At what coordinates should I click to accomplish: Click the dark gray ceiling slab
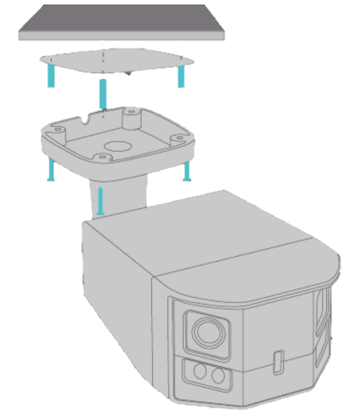(x=122, y=23)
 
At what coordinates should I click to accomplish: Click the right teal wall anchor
(x=181, y=77)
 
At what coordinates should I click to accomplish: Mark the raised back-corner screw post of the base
(x=130, y=117)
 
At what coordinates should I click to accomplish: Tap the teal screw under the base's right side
(x=187, y=171)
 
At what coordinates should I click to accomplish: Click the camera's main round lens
(x=206, y=332)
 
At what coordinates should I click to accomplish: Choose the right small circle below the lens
(x=218, y=375)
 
